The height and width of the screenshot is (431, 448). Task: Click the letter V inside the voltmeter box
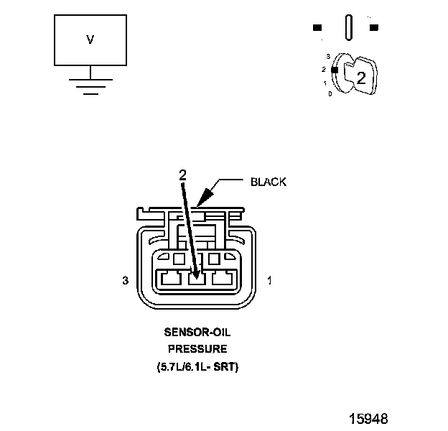[x=90, y=40]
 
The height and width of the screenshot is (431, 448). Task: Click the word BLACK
[x=269, y=182]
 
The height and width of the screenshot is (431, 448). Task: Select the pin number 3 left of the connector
[x=126, y=281]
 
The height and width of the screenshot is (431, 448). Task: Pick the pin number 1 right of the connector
[x=269, y=281]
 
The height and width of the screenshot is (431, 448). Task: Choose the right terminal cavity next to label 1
[x=223, y=279]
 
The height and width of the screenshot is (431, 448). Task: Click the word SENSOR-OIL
[x=197, y=334]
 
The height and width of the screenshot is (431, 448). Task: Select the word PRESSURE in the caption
[x=197, y=350]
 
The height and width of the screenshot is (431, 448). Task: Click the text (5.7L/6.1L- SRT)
[x=197, y=366]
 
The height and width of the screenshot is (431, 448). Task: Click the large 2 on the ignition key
[x=361, y=79]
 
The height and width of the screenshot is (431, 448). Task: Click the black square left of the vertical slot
[x=317, y=28]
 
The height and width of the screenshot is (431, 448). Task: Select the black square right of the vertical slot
[x=374, y=28]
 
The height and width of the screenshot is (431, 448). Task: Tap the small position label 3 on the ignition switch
[x=327, y=55]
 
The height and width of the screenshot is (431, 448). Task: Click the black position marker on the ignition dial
[x=334, y=70]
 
